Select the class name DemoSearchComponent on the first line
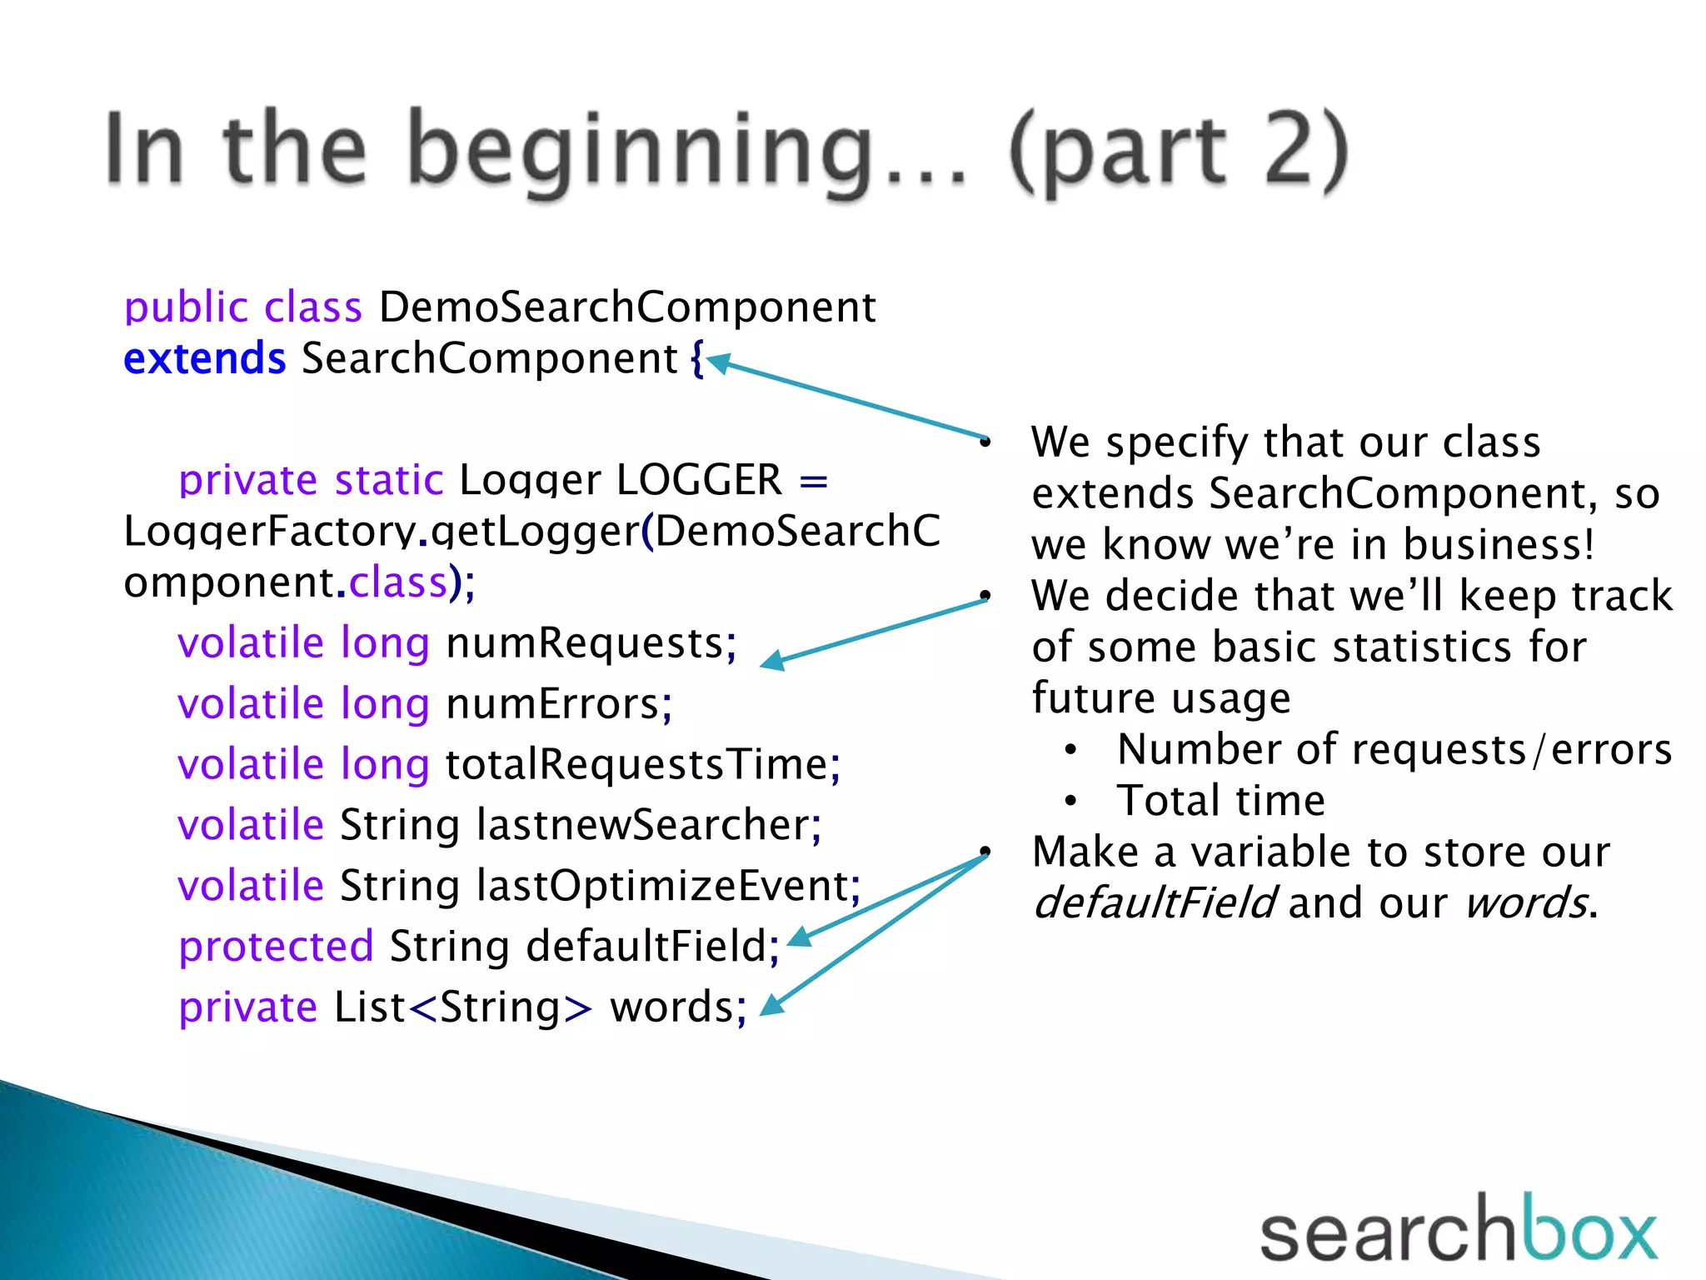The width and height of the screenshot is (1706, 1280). tap(626, 307)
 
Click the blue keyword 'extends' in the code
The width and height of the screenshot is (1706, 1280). tap(204, 358)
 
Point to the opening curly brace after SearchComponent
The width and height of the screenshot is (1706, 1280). tap(696, 359)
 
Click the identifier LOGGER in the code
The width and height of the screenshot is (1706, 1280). tap(699, 480)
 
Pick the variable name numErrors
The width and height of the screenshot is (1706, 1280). tap(553, 704)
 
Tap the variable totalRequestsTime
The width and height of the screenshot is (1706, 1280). tap(636, 765)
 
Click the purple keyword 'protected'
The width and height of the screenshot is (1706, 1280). tap(276, 947)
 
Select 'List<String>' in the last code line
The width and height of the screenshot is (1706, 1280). tap(462, 1007)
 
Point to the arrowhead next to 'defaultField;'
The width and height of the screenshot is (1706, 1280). tap(797, 938)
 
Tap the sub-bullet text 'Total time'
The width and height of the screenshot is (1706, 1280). tap(1220, 801)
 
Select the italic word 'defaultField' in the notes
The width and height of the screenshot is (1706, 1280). tap(1153, 903)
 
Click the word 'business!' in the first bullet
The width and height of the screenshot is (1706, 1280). tap(1498, 544)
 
